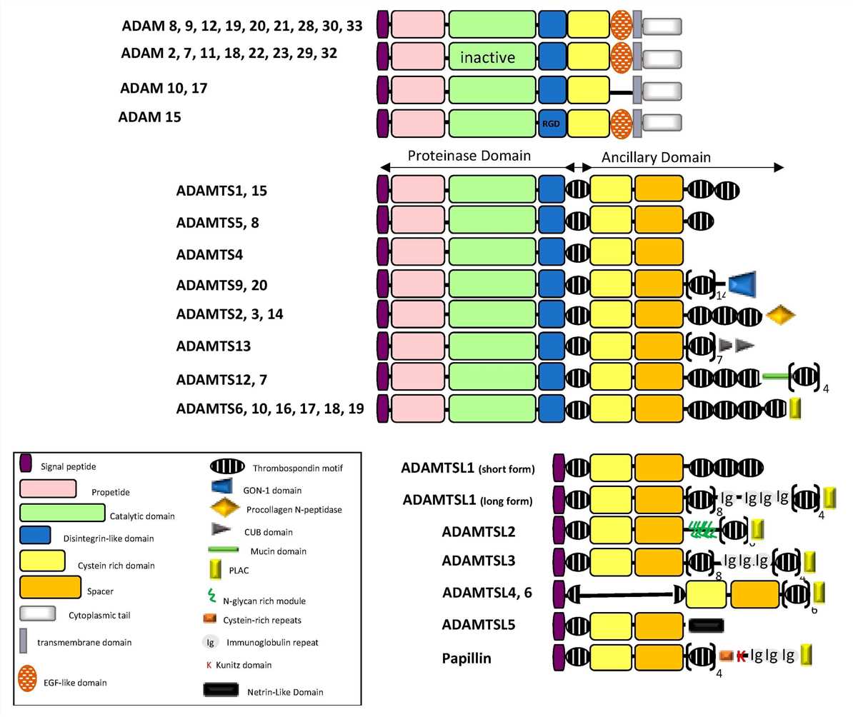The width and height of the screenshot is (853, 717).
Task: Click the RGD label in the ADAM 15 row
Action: (551, 122)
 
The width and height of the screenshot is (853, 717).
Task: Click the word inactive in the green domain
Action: (488, 56)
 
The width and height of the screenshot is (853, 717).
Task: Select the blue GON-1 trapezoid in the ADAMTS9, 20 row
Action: (742, 285)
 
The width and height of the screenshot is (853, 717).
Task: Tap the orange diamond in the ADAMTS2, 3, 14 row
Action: (779, 314)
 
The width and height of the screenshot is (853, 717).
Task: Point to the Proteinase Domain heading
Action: (469, 155)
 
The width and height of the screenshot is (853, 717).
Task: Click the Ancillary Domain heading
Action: (656, 156)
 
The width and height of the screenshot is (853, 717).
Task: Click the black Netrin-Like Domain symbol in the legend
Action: (226, 691)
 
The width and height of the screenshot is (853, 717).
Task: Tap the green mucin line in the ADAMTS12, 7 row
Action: (775, 376)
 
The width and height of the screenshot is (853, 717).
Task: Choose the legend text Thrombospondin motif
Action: (287, 468)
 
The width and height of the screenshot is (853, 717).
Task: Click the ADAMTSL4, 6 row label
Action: (487, 593)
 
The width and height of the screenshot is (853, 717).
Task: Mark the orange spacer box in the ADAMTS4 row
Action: (659, 252)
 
